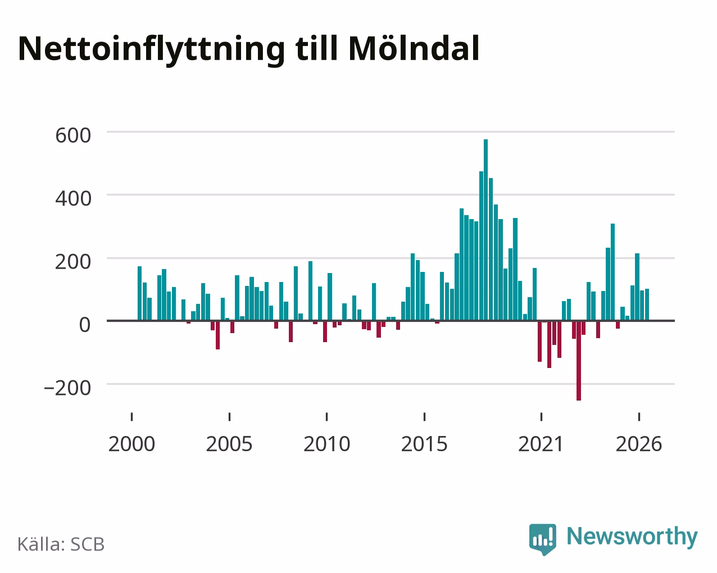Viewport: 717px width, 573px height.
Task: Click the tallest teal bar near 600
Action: tap(486, 230)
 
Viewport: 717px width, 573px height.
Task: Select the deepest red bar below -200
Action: tap(579, 361)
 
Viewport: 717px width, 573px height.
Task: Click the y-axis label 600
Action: tap(73, 135)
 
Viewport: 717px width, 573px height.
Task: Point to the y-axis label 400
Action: tap(73, 198)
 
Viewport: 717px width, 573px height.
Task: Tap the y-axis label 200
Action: tap(73, 262)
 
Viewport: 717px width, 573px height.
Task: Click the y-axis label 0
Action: tap(85, 325)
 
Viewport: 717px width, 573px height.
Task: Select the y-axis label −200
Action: tap(67, 388)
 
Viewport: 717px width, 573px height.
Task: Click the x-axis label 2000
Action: tap(131, 444)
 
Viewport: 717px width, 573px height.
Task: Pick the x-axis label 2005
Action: tap(229, 444)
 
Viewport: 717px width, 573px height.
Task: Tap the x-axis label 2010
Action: tap(327, 444)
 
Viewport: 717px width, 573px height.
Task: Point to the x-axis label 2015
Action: tap(424, 444)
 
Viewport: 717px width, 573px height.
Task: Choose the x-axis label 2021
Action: tap(541, 444)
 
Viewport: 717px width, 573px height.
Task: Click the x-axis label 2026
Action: tap(639, 444)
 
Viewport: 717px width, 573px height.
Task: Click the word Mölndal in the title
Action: tap(414, 48)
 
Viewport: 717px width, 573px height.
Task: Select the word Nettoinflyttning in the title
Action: tap(152, 50)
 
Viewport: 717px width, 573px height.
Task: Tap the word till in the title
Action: tap(316, 48)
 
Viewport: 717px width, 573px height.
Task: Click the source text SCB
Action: tap(87, 545)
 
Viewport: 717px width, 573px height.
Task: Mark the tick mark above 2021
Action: tap(541, 417)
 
